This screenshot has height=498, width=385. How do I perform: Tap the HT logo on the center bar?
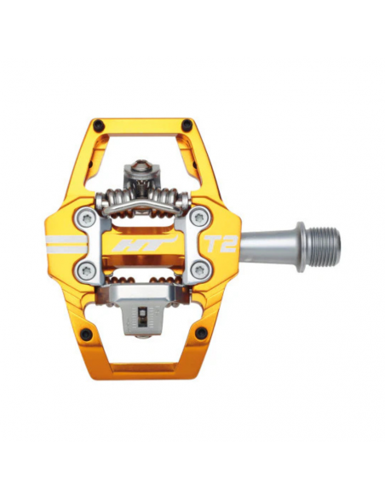coord(141,245)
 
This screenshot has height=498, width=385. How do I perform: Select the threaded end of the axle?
coord(323,245)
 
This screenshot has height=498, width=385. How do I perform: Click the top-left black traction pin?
coord(99,125)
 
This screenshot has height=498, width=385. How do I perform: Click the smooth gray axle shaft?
coord(268,245)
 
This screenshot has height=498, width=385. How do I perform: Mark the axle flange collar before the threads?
coord(301,245)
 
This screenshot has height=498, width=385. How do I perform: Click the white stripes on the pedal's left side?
coord(65,245)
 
